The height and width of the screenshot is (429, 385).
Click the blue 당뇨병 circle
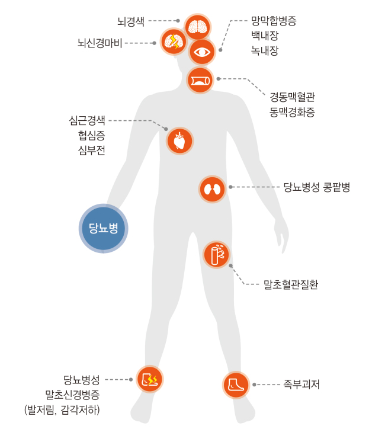tap(104, 229)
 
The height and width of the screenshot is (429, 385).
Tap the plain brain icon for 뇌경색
tap(197, 27)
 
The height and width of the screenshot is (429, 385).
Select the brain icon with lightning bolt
tap(174, 41)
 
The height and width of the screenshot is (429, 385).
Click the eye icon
tap(202, 52)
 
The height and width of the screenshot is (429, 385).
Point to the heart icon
tap(179, 141)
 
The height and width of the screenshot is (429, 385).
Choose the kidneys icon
tap(212, 189)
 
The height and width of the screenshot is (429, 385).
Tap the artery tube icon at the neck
tap(200, 80)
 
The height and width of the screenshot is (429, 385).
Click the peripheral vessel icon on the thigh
tap(217, 254)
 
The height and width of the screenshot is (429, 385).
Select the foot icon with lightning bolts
tap(150, 379)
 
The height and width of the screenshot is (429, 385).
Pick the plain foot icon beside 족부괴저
tap(236, 385)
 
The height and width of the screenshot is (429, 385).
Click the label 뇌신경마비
tap(100, 43)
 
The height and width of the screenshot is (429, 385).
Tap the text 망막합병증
tap(274, 21)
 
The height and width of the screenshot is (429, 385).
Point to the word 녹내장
tap(265, 50)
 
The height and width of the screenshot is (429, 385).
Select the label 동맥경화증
tap(293, 112)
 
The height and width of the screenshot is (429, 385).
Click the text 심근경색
tap(87, 120)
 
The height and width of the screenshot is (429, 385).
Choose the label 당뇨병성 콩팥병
tap(317, 187)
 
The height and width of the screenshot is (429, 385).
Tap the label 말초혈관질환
tap(291, 284)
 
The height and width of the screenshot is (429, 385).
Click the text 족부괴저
tap(301, 385)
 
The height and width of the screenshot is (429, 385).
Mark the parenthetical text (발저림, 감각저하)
tap(62, 409)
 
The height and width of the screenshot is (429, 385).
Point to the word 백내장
tap(265, 36)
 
